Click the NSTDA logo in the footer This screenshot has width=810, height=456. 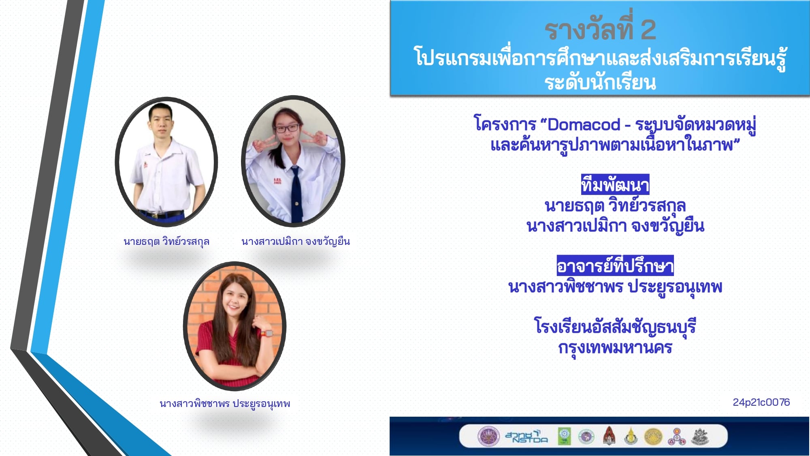coord(526,437)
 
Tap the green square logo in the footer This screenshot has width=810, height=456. coord(564,437)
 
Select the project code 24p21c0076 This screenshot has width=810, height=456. coord(761,402)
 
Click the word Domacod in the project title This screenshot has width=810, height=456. coord(584,124)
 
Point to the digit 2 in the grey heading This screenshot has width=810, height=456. coord(648,30)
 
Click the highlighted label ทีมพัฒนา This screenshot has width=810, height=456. coord(615,185)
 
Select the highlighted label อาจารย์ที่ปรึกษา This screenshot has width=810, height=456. coord(615,266)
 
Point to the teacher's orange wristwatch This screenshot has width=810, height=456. coord(266,333)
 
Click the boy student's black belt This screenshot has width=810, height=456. coord(162,214)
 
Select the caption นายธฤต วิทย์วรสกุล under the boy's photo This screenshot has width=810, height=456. coord(166,242)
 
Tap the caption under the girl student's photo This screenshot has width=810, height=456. coord(296,242)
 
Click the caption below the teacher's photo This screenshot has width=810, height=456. coord(225,404)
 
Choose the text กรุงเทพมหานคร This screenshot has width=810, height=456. coord(615,348)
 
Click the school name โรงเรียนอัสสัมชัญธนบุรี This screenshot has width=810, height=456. coord(615,327)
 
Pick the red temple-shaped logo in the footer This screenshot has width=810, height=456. coord(609,436)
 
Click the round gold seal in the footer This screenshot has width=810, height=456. coord(653,437)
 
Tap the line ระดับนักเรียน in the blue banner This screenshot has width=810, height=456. coord(600,83)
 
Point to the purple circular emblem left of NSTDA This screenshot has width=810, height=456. coord(488,437)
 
